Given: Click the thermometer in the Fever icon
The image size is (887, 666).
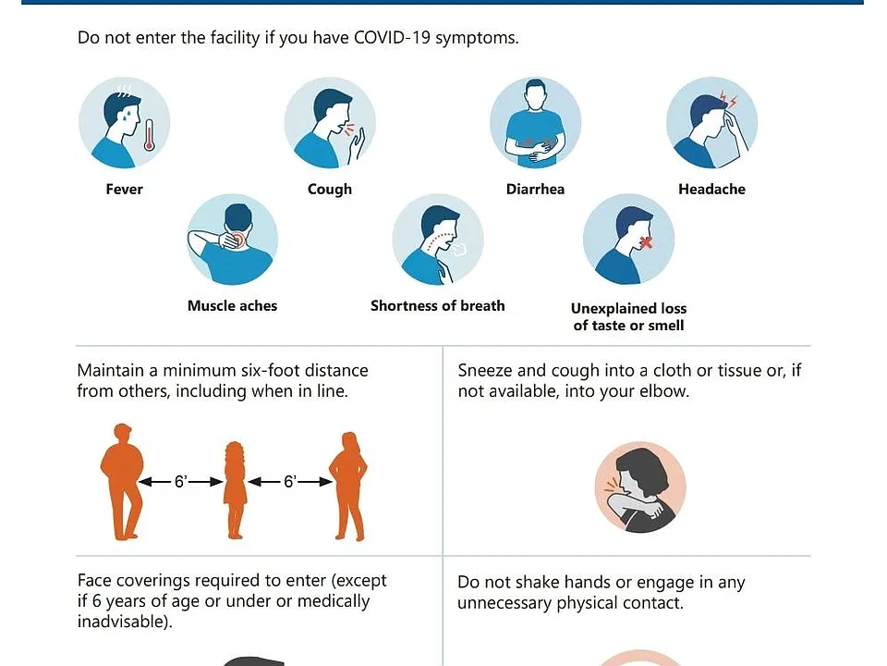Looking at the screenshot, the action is [x=150, y=135].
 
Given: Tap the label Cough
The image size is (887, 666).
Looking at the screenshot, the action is [x=330, y=189].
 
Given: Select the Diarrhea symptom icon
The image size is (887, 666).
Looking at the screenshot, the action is [x=535, y=122].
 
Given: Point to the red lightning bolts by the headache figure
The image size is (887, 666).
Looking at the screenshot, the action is [x=727, y=99].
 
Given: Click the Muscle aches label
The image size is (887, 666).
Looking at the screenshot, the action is [x=233, y=306].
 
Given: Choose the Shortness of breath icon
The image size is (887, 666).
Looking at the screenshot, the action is [x=438, y=240].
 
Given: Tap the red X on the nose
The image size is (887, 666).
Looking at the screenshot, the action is [x=646, y=242].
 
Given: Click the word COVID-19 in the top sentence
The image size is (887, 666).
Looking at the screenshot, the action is [x=392, y=37].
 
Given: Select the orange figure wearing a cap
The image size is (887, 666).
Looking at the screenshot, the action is [x=122, y=481].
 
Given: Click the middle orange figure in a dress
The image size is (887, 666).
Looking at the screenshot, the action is [x=235, y=490].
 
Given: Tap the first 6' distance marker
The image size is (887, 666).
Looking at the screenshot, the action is [x=181, y=482].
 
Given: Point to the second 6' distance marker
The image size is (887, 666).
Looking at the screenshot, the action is [x=290, y=482].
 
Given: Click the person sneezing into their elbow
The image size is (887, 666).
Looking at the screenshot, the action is [x=640, y=487].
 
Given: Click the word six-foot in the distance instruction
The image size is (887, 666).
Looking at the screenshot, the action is [x=271, y=370].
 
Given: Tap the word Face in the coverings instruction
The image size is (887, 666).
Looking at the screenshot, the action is [x=93, y=581].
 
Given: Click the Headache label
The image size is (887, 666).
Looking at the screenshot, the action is [x=711, y=189].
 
